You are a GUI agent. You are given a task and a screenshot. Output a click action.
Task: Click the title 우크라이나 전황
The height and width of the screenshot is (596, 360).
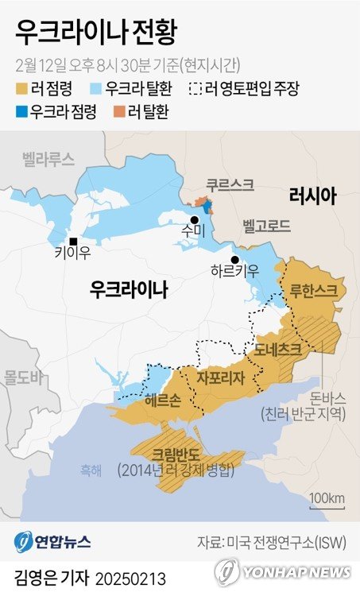95,33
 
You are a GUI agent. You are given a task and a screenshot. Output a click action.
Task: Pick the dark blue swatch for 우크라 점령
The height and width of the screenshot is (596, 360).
21,112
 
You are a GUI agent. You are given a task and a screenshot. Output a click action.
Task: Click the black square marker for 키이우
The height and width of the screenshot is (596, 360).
73,242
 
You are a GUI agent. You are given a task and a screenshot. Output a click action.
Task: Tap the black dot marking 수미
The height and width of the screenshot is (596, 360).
194,219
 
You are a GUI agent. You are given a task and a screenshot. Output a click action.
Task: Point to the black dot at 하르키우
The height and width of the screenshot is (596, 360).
234,260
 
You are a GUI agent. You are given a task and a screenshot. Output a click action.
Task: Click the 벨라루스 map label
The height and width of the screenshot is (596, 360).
48,159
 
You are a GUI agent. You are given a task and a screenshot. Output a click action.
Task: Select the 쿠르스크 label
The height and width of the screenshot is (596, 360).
230,184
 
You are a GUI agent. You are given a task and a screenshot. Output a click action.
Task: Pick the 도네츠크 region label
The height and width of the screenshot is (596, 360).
278,348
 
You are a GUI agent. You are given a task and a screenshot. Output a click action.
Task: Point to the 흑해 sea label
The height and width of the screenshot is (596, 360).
91,470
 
